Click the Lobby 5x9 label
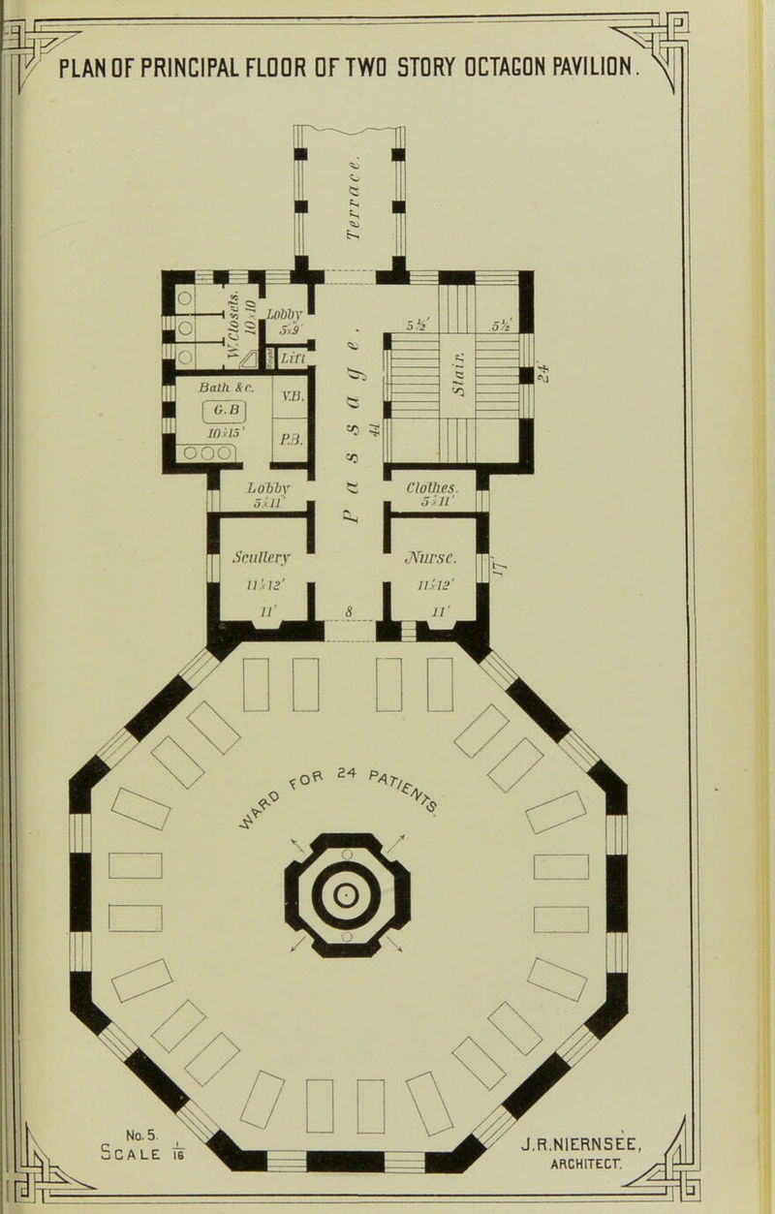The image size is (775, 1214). pos(263,318)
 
